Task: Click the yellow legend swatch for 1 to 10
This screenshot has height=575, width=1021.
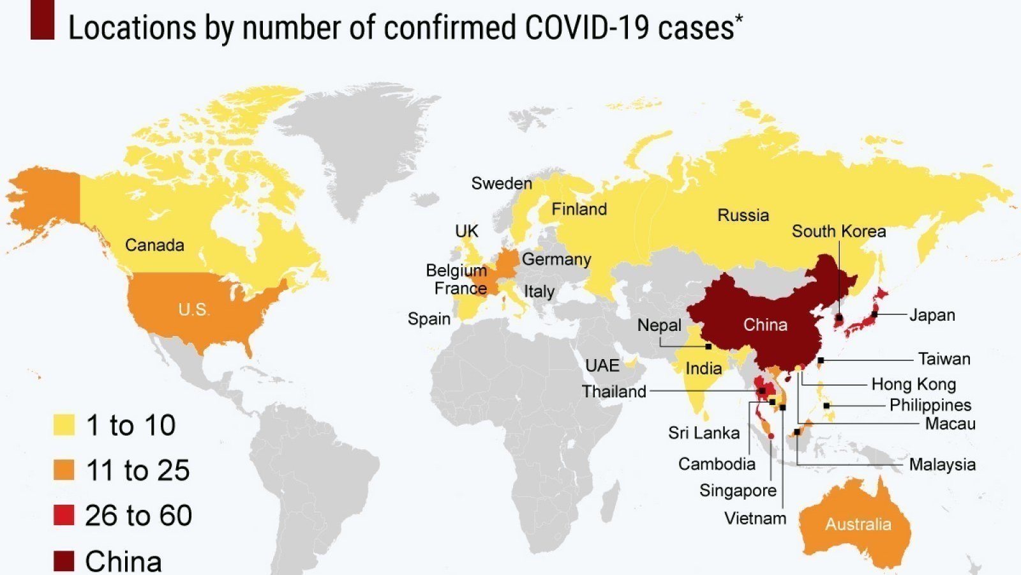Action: pyautogui.click(x=64, y=425)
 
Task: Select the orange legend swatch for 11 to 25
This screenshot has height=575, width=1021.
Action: pyautogui.click(x=64, y=470)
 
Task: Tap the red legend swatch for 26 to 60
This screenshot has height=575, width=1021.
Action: pyautogui.click(x=64, y=515)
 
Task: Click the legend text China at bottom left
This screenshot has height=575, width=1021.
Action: pyautogui.click(x=123, y=561)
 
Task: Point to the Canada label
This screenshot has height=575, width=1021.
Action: pyautogui.click(x=154, y=245)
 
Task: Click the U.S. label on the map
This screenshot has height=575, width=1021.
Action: pyautogui.click(x=193, y=310)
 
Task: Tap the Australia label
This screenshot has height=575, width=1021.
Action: pyautogui.click(x=858, y=525)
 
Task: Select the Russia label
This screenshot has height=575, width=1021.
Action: pyautogui.click(x=743, y=215)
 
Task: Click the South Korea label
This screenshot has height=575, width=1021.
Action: pyautogui.click(x=838, y=231)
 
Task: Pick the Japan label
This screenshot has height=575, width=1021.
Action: pyautogui.click(x=932, y=315)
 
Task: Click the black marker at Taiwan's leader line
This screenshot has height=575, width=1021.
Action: pyautogui.click(x=821, y=360)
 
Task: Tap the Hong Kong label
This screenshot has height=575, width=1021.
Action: pyautogui.click(x=913, y=384)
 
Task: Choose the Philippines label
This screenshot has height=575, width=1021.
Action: pyautogui.click(x=930, y=405)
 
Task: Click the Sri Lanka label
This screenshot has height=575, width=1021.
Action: pyautogui.click(x=703, y=433)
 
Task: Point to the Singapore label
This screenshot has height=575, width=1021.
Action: pyautogui.click(x=738, y=491)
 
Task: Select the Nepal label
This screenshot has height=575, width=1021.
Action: pyautogui.click(x=659, y=325)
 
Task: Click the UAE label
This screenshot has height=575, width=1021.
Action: pyautogui.click(x=602, y=365)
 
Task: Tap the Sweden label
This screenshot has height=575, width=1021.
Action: pyautogui.click(x=501, y=183)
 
